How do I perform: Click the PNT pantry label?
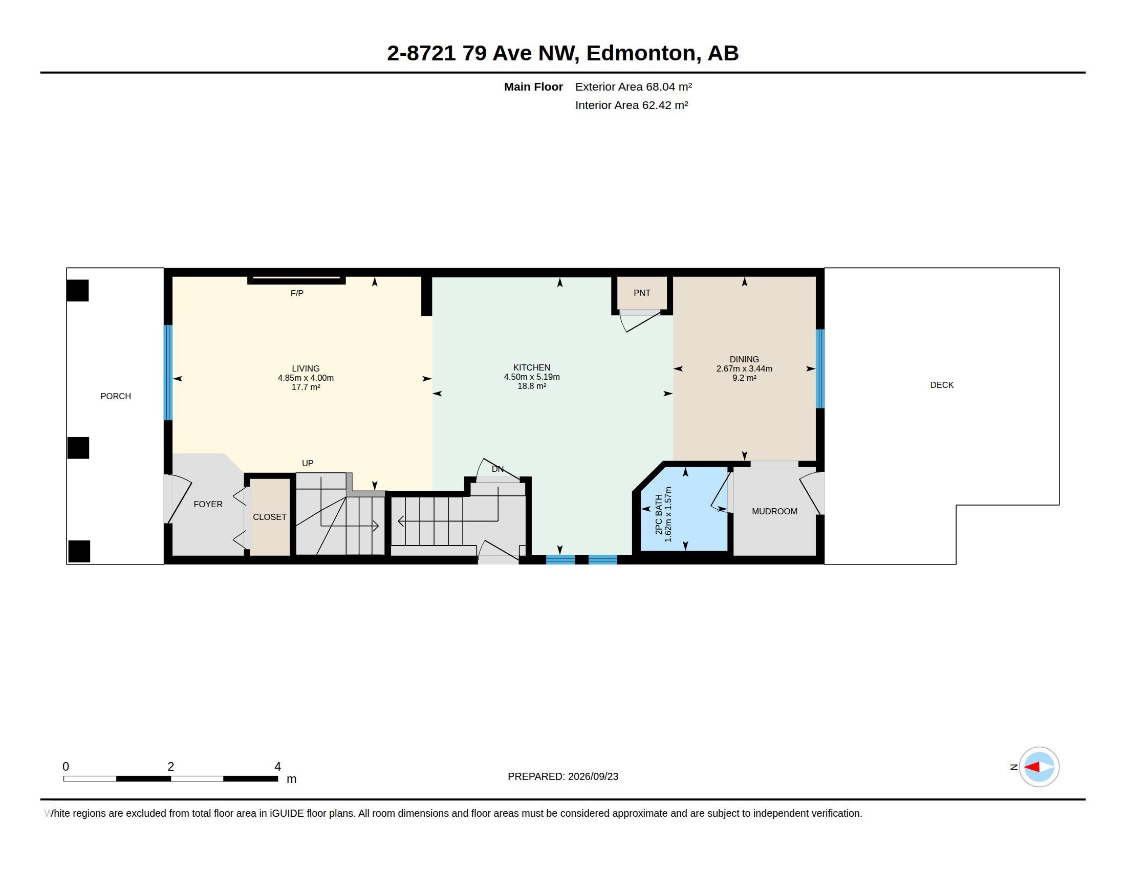click(642, 293)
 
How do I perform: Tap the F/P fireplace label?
click(297, 293)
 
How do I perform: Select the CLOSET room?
click(270, 517)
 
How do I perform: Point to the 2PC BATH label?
click(659, 514)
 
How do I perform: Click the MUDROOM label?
click(774, 511)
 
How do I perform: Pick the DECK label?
click(942, 385)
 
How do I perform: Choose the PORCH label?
click(116, 396)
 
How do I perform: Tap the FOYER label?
click(208, 504)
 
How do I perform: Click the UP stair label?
click(307, 463)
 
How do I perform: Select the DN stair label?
click(497, 469)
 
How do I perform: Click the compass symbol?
click(1039, 767)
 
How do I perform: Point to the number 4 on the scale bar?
click(278, 767)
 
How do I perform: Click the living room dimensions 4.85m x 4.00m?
click(306, 378)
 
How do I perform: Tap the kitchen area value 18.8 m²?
click(532, 386)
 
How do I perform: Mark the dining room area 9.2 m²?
click(744, 378)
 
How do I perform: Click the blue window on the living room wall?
click(168, 373)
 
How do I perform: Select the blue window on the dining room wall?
click(820, 368)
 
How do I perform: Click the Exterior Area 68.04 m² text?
click(634, 86)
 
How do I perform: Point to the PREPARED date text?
click(563, 776)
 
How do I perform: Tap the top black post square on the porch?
click(78, 291)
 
